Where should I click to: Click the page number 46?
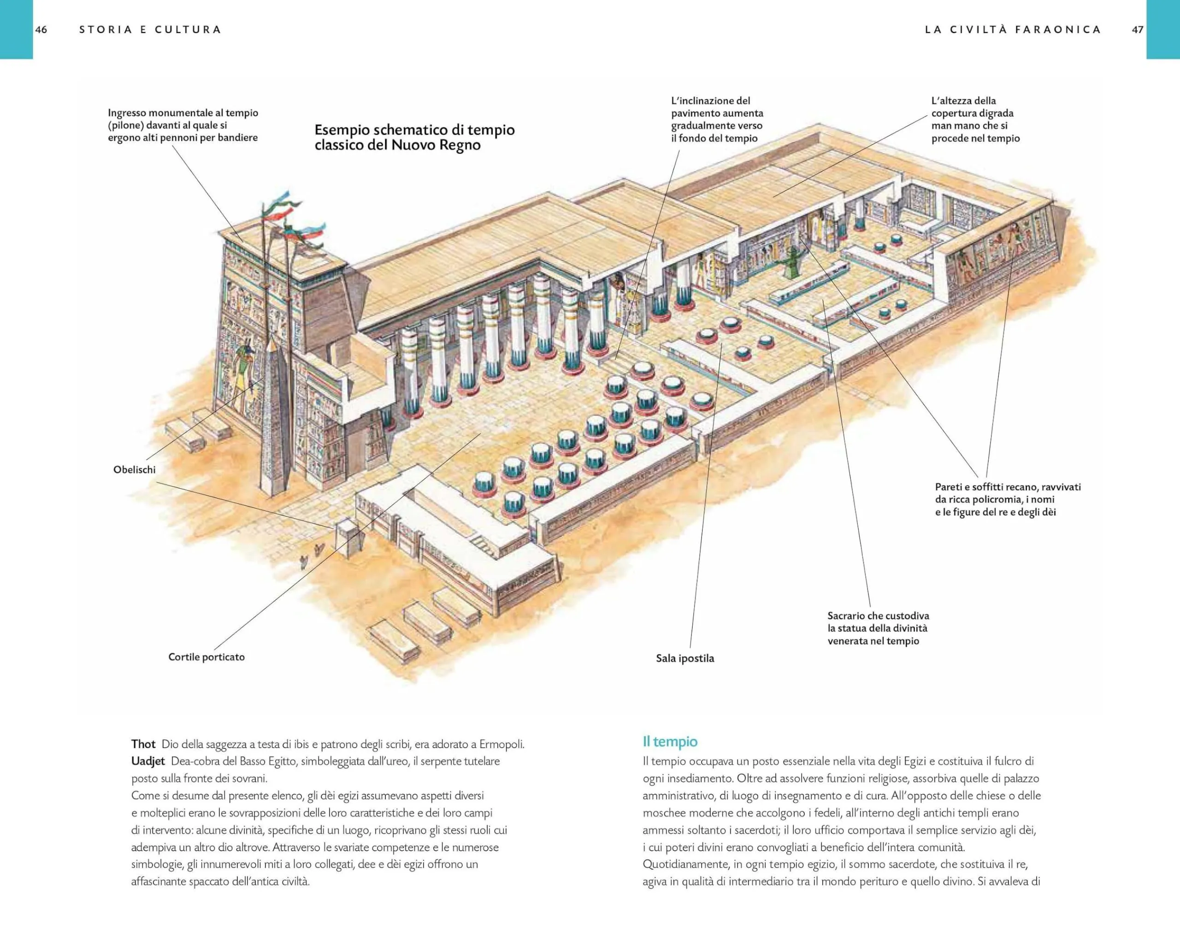41,29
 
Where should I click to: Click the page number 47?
1137,29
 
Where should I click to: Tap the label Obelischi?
134,469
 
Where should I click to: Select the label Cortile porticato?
206,657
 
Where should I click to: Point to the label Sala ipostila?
684,658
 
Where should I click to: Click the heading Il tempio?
670,742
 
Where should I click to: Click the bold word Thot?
143,744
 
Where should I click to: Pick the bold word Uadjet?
148,761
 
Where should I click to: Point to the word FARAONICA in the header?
1057,29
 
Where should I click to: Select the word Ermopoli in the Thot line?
501,744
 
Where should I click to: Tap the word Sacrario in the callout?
847,616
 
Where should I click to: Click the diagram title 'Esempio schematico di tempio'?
414,130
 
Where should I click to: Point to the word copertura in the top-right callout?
956,113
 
